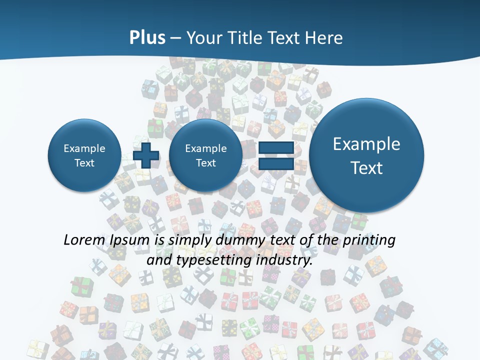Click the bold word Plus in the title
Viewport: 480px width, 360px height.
[147, 38]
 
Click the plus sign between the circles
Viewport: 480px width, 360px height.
[146, 155]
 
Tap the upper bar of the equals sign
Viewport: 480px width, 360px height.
[275, 147]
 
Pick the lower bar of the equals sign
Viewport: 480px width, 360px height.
[275, 164]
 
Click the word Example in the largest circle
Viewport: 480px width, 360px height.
[366, 144]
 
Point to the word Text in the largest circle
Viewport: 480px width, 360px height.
[366, 168]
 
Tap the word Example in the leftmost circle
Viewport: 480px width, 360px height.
[84, 148]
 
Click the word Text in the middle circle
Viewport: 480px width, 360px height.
[205, 163]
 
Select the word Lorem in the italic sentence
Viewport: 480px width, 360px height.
[82, 240]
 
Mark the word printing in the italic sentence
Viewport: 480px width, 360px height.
[369, 240]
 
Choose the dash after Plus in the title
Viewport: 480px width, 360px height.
[175, 38]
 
